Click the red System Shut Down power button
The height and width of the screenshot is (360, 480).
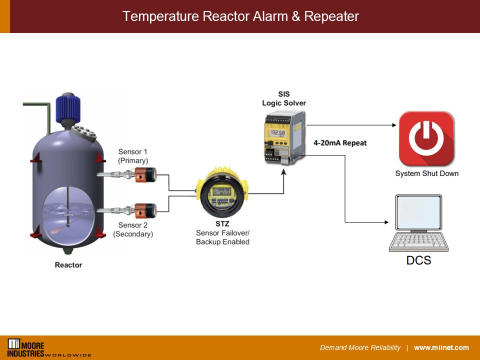[426, 138]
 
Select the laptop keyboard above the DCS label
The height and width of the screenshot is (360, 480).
[419, 242]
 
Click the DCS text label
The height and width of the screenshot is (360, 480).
[418, 260]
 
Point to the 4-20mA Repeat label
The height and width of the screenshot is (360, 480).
[340, 143]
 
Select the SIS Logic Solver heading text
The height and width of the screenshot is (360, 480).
[283, 98]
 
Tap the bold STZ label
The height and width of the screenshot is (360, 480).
[222, 223]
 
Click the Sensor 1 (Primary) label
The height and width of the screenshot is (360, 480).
[133, 156]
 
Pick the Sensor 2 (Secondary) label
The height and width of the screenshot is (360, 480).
[133, 229]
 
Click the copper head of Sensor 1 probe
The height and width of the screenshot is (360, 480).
[146, 174]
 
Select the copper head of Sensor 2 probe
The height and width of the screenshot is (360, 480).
[146, 209]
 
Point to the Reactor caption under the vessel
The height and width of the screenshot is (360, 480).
[68, 265]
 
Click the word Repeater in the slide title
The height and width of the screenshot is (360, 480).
[332, 16]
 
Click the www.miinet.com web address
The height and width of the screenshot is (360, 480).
[441, 347]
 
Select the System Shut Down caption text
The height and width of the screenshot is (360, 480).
[426, 173]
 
